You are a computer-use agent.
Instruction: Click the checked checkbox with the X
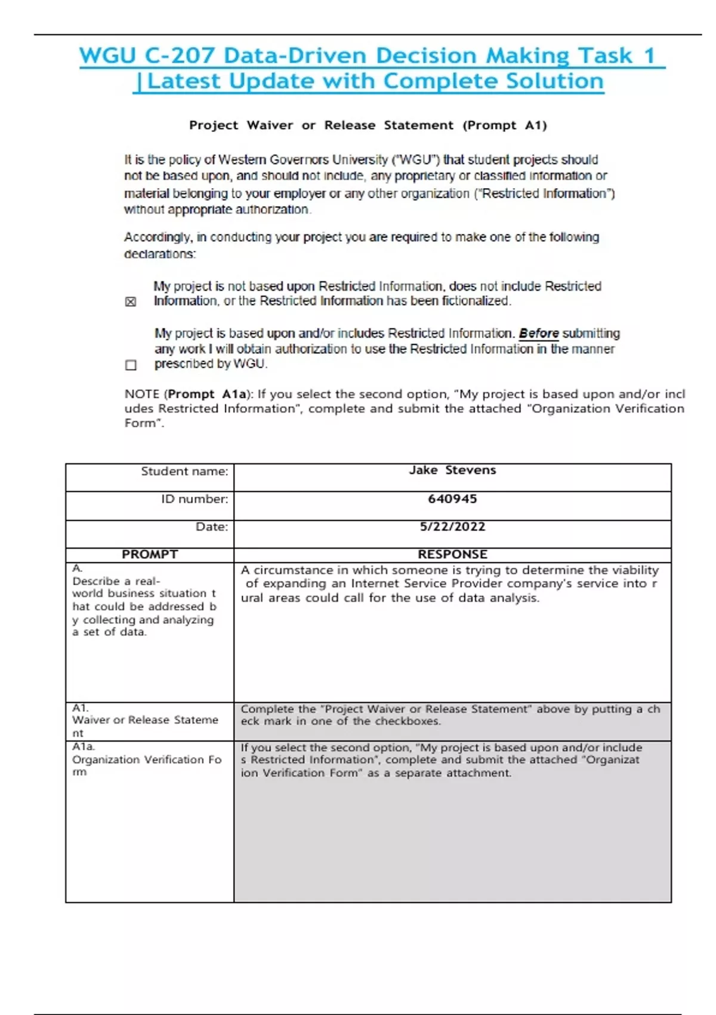click(131, 302)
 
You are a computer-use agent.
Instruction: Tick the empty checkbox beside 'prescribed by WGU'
click(131, 365)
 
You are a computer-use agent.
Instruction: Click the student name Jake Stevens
click(452, 470)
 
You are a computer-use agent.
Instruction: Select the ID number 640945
click(452, 499)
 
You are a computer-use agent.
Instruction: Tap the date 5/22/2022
click(452, 527)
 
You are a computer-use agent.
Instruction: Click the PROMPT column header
click(149, 554)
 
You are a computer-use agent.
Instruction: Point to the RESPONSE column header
click(452, 554)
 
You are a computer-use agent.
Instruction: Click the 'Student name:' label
click(184, 471)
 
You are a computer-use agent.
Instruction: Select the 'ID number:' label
click(195, 499)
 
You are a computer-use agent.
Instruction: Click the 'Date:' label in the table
click(212, 527)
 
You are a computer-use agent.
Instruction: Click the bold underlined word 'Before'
click(539, 333)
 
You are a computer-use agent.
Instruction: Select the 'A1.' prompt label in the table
click(81, 708)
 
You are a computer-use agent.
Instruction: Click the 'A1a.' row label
click(84, 746)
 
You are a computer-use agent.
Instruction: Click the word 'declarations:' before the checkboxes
click(159, 254)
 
